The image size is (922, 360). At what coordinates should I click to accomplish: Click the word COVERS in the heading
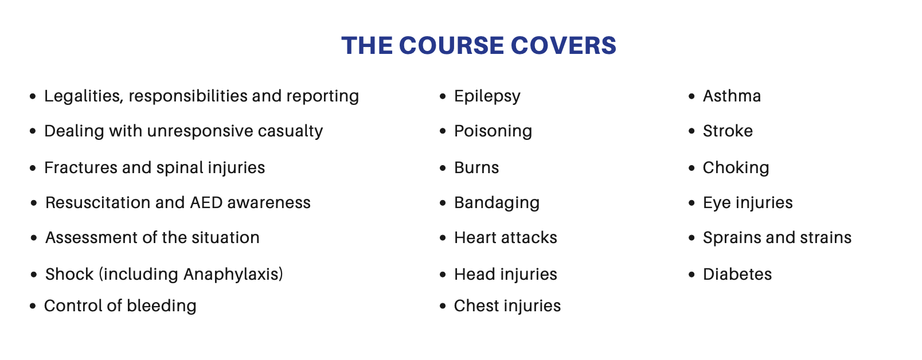pos(564,45)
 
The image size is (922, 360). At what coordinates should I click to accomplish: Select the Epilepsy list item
pos(487,97)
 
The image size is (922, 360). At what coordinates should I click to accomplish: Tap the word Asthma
pos(732,96)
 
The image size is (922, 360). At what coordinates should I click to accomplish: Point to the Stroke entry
pos(728,131)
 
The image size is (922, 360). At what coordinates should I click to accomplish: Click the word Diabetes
pos(737,274)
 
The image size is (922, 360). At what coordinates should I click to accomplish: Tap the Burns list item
pos(476,167)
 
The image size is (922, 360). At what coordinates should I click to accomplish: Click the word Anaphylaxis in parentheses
pos(231,275)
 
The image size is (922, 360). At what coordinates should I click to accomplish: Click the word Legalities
pos(84,96)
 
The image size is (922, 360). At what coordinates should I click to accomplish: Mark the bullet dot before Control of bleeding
pos(33,306)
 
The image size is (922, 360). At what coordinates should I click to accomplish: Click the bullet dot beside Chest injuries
pos(443,306)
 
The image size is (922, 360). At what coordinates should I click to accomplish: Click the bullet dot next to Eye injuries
pos(691,203)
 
